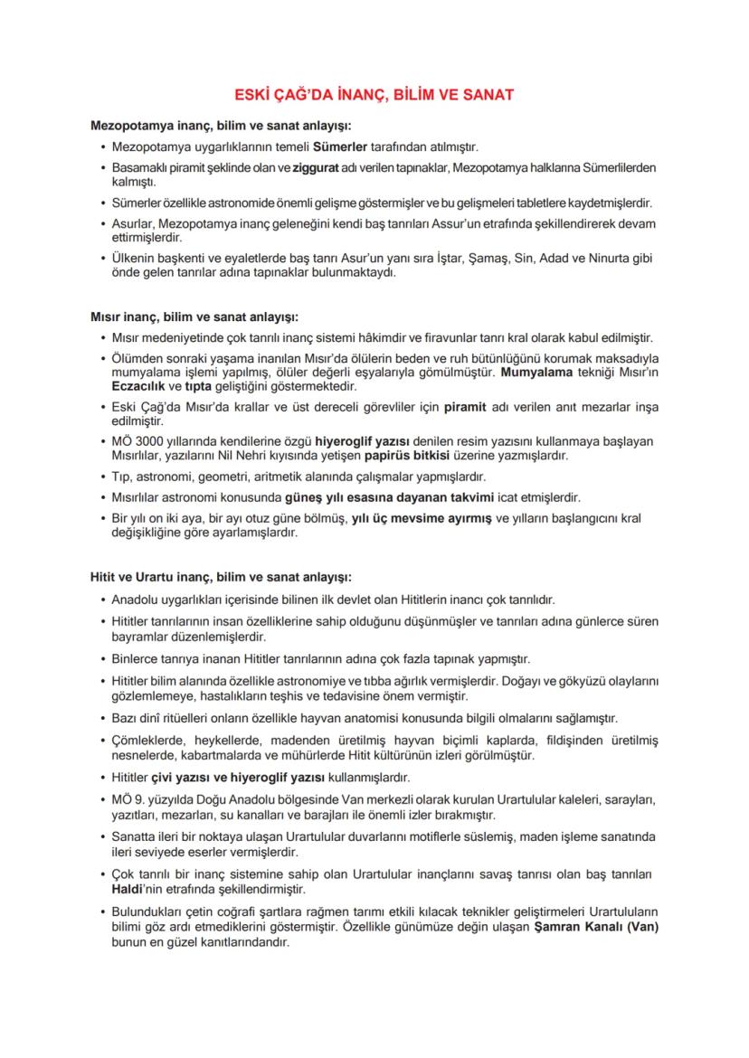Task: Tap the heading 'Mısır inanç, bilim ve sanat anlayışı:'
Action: tap(194, 316)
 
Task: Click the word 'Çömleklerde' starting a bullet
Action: tap(146, 741)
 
